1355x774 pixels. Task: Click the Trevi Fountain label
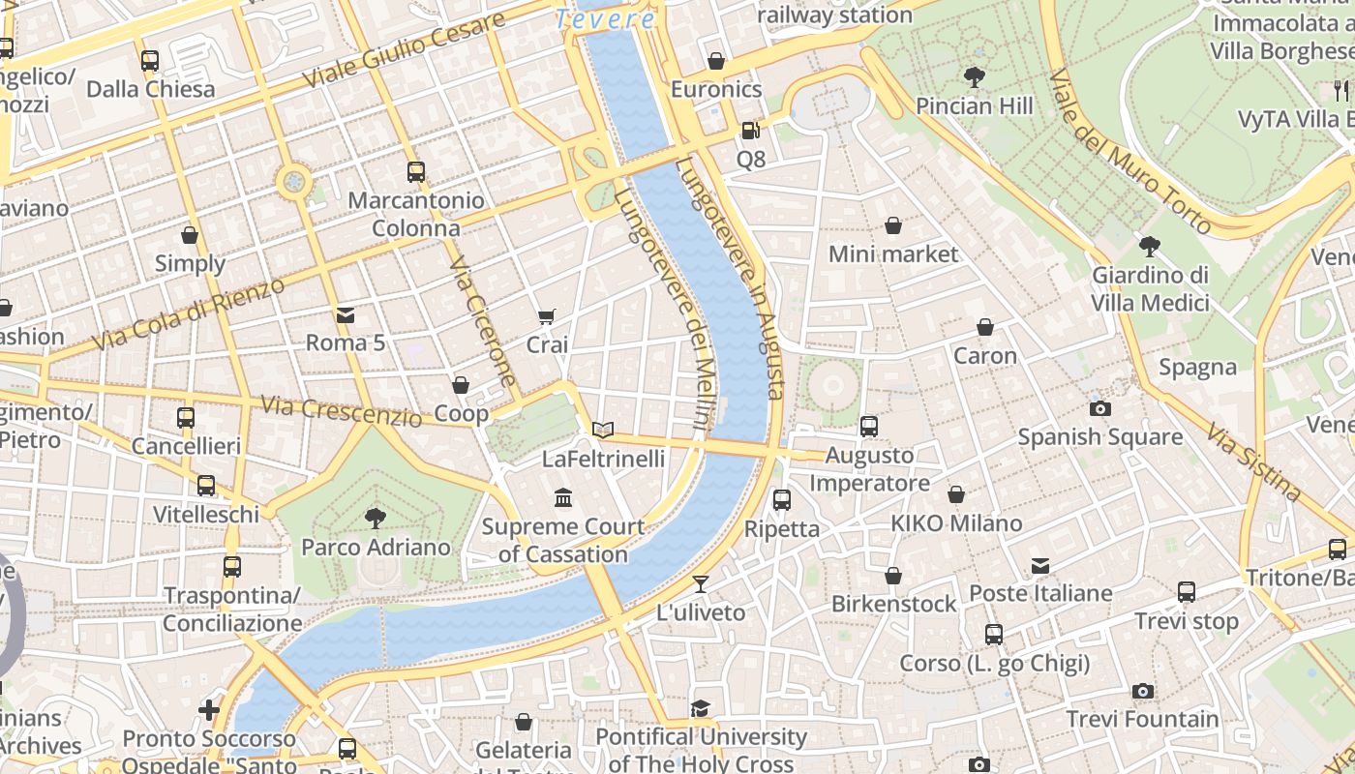[x=1142, y=719]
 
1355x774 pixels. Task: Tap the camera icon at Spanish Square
[x=1099, y=408]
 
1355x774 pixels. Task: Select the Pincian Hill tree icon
[x=974, y=77]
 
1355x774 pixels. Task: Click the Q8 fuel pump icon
[x=750, y=131]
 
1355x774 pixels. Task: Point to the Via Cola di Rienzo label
[x=189, y=314]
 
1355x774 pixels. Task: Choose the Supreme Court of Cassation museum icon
[x=562, y=498]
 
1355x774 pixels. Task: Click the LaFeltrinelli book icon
[x=603, y=430]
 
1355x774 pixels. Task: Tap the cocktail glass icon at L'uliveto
[x=701, y=584]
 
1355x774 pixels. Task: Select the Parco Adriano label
[x=376, y=548]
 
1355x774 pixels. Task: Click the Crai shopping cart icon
[x=547, y=316]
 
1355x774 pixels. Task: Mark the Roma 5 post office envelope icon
[x=345, y=314]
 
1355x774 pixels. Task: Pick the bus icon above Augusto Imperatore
[x=868, y=427]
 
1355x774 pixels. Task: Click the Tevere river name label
[x=606, y=18]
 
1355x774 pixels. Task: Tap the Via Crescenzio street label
[x=341, y=410]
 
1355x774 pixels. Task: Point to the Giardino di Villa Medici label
[x=1150, y=288]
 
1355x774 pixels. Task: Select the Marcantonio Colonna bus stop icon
[x=415, y=172]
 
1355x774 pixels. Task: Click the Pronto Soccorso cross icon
[x=208, y=711]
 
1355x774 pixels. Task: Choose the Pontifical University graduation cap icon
[x=700, y=709]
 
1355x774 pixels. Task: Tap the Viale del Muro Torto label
[x=1129, y=153]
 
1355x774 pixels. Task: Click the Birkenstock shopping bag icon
[x=893, y=576]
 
